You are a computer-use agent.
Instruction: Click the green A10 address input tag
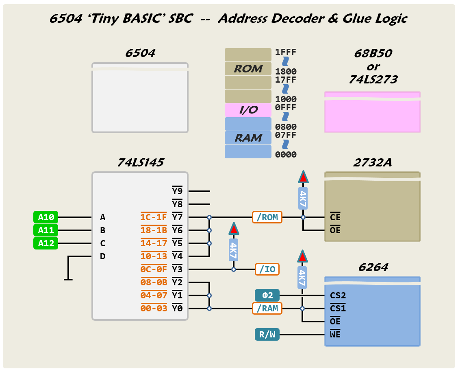[x=46, y=217]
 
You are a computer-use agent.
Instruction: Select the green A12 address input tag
[x=46, y=243]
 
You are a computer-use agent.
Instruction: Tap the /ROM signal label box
[x=267, y=217]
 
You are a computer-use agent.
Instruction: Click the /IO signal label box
[x=267, y=269]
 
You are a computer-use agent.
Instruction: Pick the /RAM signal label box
[x=267, y=309]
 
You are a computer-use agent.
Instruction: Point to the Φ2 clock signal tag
[x=267, y=295]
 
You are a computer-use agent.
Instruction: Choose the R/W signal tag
[x=267, y=335]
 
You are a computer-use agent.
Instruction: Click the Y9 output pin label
[x=177, y=191]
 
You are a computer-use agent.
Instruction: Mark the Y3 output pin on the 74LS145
[x=177, y=269]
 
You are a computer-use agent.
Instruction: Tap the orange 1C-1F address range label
[x=154, y=217]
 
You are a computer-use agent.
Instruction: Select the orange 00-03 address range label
[x=154, y=309]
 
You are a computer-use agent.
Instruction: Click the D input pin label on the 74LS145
[x=103, y=256]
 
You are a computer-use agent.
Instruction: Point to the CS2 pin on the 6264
[x=338, y=295]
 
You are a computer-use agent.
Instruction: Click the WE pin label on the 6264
[x=335, y=335]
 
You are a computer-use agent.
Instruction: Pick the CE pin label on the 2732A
[x=335, y=217]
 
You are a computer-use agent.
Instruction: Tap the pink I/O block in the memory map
[x=248, y=110]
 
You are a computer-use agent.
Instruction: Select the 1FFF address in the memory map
[x=286, y=52]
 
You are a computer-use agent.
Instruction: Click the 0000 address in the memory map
[x=286, y=155]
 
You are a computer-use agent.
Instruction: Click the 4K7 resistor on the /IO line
[x=233, y=250]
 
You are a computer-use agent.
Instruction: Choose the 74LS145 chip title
[x=140, y=163]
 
